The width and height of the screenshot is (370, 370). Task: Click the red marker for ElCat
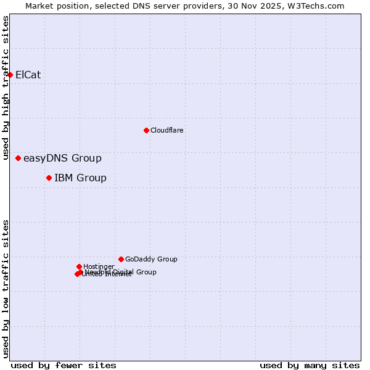[10, 75]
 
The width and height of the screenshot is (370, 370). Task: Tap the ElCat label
[28, 75]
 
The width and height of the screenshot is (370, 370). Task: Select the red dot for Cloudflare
[146, 130]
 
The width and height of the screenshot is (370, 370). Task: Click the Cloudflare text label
[166, 131]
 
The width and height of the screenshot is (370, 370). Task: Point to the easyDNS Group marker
[18, 158]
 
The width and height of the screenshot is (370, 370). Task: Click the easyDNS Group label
[62, 158]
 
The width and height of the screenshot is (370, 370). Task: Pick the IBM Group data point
[49, 178]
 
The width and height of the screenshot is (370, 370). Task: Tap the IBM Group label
[80, 178]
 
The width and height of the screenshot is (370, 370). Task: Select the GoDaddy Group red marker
[121, 259]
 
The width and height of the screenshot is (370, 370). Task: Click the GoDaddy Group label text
[151, 260]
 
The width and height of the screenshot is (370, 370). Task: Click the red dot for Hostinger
[79, 266]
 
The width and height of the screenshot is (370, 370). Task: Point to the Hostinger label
[99, 266]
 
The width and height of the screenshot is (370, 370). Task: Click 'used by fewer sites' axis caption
[64, 365]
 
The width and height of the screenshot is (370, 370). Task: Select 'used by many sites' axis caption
[310, 365]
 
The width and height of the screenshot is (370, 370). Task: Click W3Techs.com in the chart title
[318, 6]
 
